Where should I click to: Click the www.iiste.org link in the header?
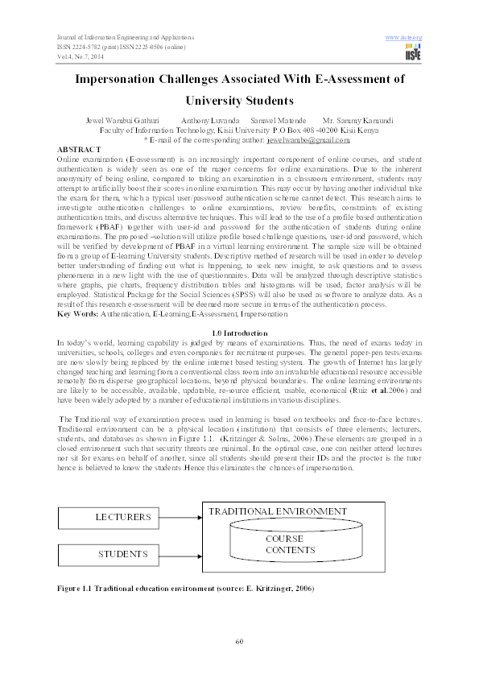coord(404,38)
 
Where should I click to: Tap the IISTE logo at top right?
coord(414,52)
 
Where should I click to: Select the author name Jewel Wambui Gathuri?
coord(126,120)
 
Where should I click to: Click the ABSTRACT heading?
coord(79,150)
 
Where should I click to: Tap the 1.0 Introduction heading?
coord(239,332)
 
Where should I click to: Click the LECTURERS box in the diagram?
coord(122,515)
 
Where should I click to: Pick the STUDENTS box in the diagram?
coord(122,554)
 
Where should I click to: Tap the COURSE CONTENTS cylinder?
coord(283,544)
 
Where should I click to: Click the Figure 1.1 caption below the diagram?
coord(184,589)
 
